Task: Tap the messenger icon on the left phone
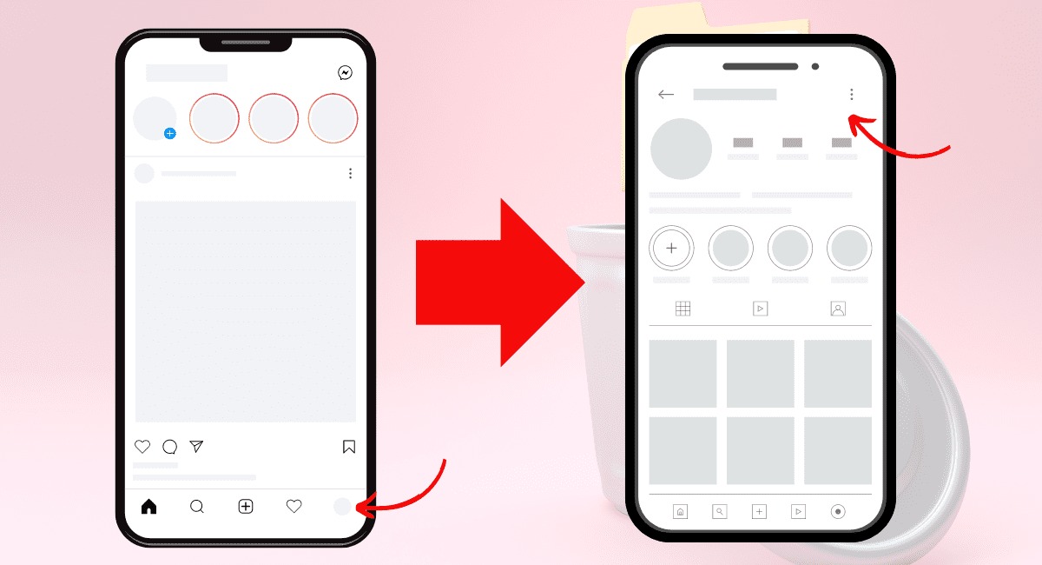coord(345,73)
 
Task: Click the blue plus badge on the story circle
coord(170,133)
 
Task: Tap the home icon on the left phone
coord(148,507)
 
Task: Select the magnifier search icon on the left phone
coord(197,507)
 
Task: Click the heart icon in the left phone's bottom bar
coord(294,507)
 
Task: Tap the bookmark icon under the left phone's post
coord(349,447)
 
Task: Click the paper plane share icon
coord(197,447)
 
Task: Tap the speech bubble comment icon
coord(170,447)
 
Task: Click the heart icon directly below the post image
coord(142,447)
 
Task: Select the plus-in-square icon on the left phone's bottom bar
coord(246,507)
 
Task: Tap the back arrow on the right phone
coord(666,95)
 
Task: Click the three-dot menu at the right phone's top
coord(852,94)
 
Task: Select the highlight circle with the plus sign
coord(671,248)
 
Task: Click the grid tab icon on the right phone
coord(683,309)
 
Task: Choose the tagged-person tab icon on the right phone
coord(837,309)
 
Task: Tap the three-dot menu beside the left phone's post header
coord(350,174)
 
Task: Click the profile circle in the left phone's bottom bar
coord(343,507)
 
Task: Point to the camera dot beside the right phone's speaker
coord(815,66)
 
